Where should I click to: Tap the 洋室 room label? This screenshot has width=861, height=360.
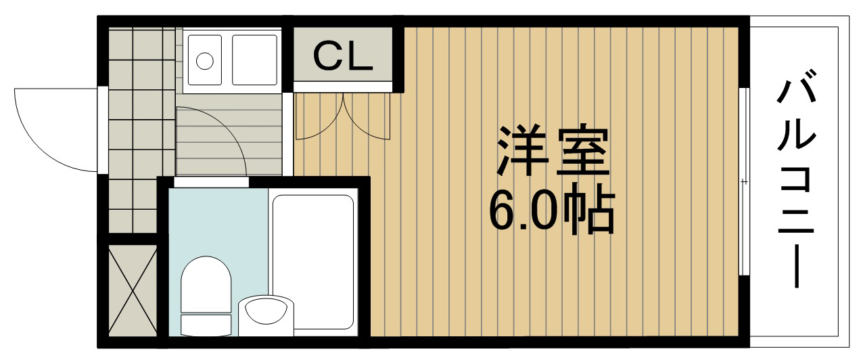(x=553, y=150)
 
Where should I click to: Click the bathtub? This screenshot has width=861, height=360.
(x=312, y=262)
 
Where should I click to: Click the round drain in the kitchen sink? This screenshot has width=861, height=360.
(x=204, y=61)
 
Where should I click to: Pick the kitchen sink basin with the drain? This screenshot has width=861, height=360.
(x=204, y=60)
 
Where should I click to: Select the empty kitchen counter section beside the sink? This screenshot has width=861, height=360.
(x=254, y=60)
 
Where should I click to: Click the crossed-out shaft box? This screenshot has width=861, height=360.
(x=133, y=291)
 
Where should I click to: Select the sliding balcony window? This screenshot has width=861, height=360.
(x=745, y=181)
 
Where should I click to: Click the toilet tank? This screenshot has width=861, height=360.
(x=206, y=325)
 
